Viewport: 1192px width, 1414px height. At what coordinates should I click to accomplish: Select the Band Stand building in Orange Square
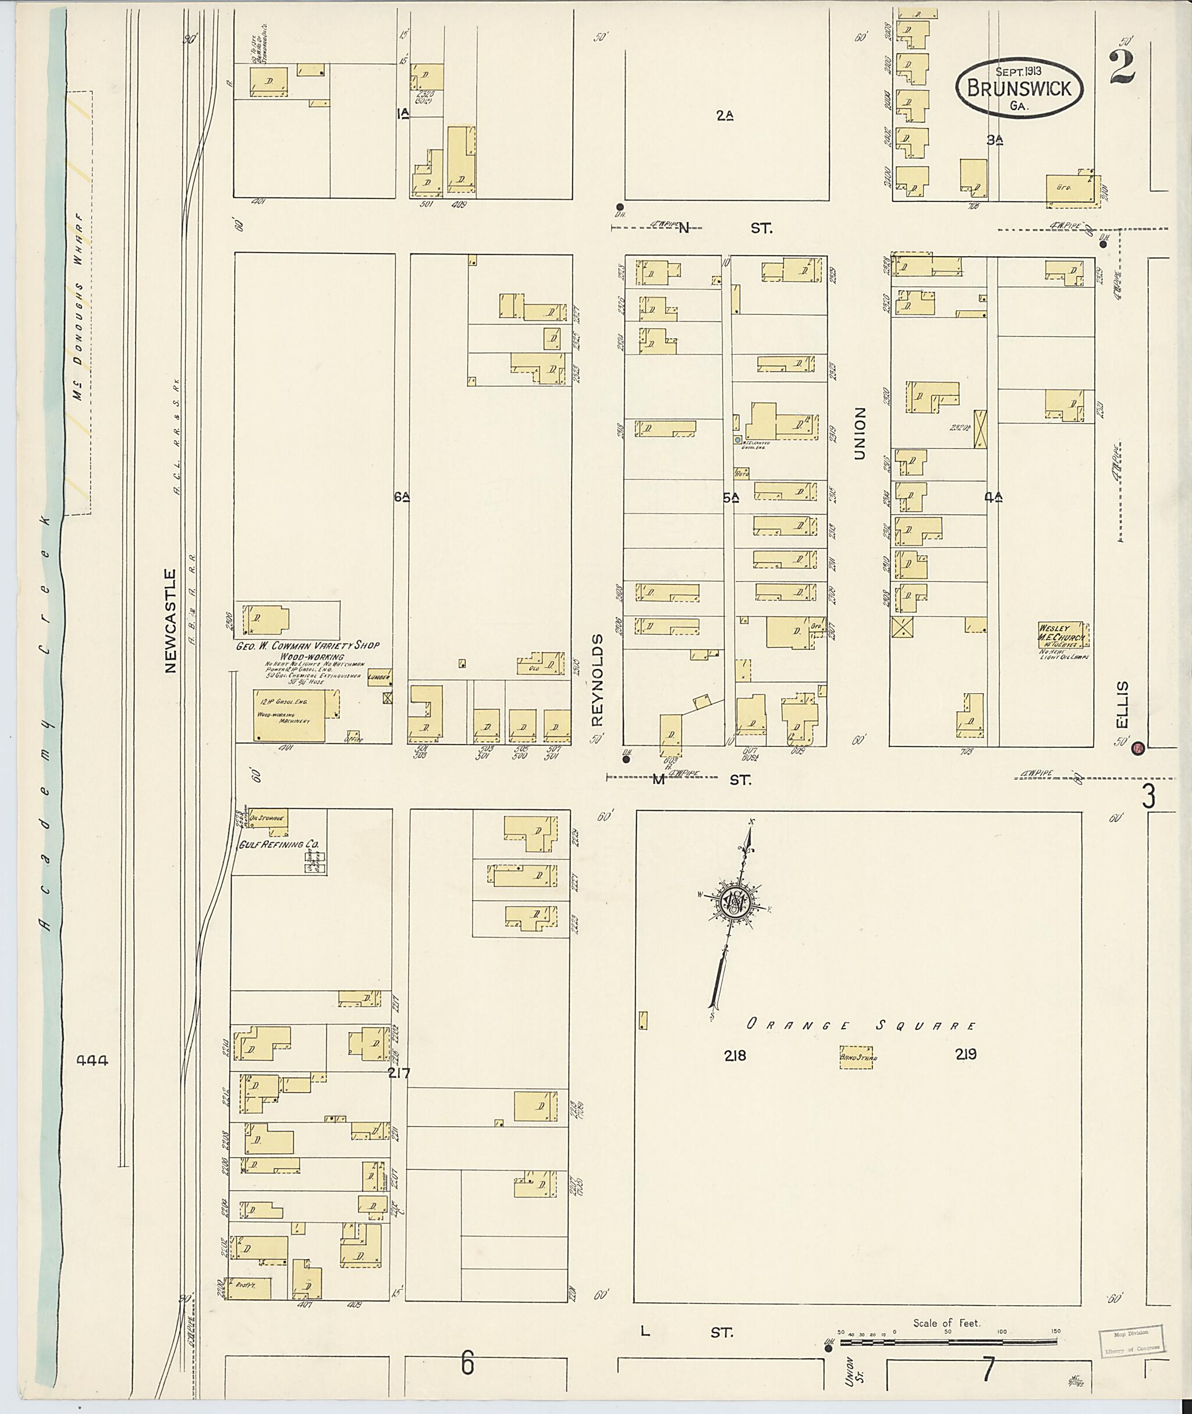point(856,1058)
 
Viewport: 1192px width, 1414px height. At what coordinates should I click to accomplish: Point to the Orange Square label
point(861,1025)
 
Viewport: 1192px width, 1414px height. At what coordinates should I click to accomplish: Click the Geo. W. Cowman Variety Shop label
point(307,646)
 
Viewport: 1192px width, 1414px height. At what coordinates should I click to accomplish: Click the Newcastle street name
point(169,621)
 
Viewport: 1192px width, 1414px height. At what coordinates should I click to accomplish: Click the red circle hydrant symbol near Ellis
point(1138,748)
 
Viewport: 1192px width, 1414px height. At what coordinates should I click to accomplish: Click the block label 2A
point(725,116)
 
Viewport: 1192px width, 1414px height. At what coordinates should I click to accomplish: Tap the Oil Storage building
point(268,818)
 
